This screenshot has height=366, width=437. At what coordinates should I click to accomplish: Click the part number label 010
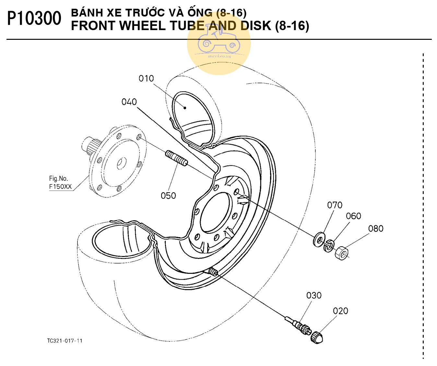click(x=146, y=79)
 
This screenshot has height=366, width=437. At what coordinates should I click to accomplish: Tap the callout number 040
click(x=129, y=102)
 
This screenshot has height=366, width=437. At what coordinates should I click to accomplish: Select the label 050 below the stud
click(x=168, y=196)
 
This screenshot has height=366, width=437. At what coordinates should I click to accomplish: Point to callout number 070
click(x=335, y=205)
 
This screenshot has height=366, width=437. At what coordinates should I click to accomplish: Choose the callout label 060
click(x=353, y=216)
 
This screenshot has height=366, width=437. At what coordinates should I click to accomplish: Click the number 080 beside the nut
click(x=376, y=229)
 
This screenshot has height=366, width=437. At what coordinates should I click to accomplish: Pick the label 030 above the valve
click(x=314, y=295)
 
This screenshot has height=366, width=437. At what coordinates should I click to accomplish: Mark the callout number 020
click(x=340, y=311)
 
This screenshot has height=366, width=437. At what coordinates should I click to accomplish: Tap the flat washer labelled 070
click(x=319, y=239)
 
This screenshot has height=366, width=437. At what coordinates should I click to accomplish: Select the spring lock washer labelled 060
click(x=329, y=246)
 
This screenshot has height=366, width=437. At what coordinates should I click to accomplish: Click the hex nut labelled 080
click(x=342, y=253)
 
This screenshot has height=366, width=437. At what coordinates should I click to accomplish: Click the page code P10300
click(x=34, y=19)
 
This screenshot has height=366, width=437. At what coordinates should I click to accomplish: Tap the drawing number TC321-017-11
click(x=65, y=341)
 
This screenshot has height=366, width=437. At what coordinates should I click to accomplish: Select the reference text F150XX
click(x=60, y=186)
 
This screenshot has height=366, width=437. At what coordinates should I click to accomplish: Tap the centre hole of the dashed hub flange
click(x=121, y=163)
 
